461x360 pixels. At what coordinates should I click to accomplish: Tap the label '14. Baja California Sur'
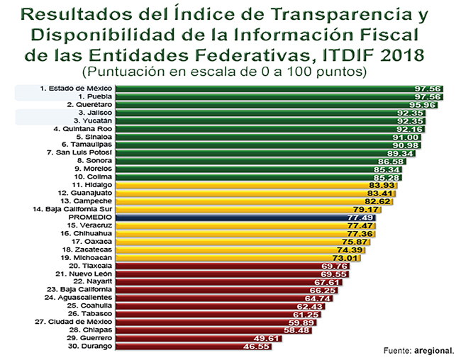coord(67,209)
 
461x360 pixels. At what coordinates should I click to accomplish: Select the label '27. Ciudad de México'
coord(71,322)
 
